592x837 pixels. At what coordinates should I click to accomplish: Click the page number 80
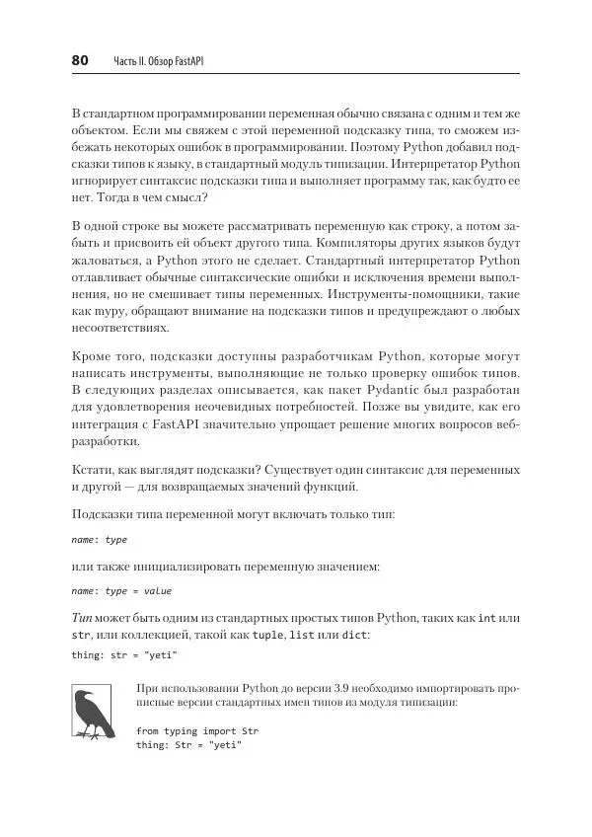(x=81, y=61)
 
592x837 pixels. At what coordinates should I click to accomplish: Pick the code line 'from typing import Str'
(x=190, y=731)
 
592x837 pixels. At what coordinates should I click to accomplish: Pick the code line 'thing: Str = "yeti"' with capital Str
(x=189, y=745)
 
